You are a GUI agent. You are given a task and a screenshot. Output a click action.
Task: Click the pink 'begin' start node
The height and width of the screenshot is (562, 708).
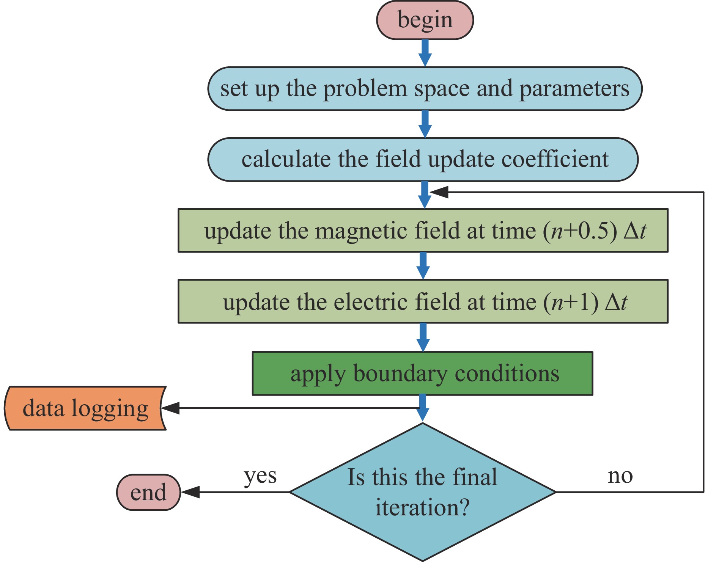click(425, 20)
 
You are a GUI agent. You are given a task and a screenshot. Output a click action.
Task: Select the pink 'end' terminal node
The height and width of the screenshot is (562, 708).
click(148, 492)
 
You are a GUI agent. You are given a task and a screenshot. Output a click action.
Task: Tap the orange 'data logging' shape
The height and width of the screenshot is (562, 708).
click(85, 408)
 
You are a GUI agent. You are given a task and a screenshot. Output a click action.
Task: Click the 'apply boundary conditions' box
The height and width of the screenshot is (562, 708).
click(422, 374)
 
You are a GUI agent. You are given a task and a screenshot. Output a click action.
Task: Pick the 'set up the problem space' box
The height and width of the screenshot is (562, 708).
click(425, 89)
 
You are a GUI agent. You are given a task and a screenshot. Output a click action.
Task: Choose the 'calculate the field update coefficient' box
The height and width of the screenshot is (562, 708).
click(423, 159)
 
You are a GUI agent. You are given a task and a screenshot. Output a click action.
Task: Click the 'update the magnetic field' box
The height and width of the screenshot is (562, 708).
click(423, 230)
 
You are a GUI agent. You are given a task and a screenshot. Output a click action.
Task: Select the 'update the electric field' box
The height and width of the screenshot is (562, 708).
click(423, 301)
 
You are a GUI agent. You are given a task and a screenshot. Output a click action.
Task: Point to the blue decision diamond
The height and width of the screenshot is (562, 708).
click(422, 492)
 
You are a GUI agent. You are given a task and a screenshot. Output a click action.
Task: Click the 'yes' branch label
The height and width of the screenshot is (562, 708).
click(260, 476)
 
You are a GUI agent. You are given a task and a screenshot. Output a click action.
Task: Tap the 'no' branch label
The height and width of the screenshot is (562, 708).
click(620, 476)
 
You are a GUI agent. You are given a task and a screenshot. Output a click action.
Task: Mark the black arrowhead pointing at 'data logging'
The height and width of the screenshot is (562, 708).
click(170, 408)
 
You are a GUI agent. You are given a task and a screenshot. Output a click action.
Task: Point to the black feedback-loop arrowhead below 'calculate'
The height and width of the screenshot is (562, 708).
click(439, 192)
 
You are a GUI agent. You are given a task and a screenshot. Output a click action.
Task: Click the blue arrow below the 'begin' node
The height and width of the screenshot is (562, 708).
click(425, 53)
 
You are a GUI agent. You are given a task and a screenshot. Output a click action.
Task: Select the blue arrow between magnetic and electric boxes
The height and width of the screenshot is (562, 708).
click(423, 266)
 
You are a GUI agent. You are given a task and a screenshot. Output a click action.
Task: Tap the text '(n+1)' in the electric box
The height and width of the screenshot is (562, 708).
click(571, 302)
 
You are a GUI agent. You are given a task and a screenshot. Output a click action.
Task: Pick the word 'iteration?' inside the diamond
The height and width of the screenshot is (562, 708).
click(422, 507)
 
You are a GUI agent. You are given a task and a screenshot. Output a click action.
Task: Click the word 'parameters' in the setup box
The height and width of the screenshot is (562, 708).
click(574, 89)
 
